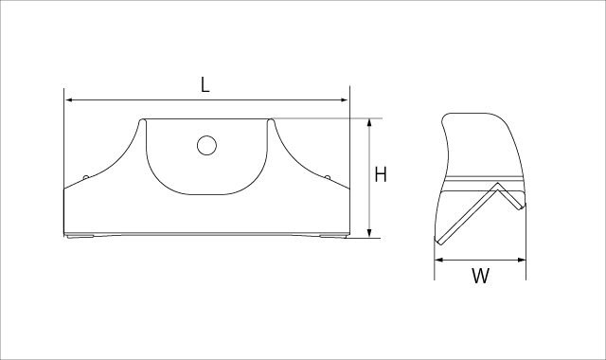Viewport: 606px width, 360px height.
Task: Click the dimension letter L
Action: pos(205,84)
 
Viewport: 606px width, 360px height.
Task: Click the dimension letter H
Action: pos(381,174)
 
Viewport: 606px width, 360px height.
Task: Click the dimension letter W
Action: pos(480,276)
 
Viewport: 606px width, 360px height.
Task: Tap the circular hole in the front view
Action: pos(206,145)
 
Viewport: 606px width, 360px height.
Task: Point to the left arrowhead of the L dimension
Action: pos(69,100)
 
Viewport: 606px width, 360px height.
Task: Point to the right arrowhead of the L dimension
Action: pos(344,100)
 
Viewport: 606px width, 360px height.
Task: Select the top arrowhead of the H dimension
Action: pos(369,123)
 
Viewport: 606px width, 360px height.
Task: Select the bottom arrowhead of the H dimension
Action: pos(369,233)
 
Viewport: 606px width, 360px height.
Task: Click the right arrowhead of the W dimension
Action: pos(521,260)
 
